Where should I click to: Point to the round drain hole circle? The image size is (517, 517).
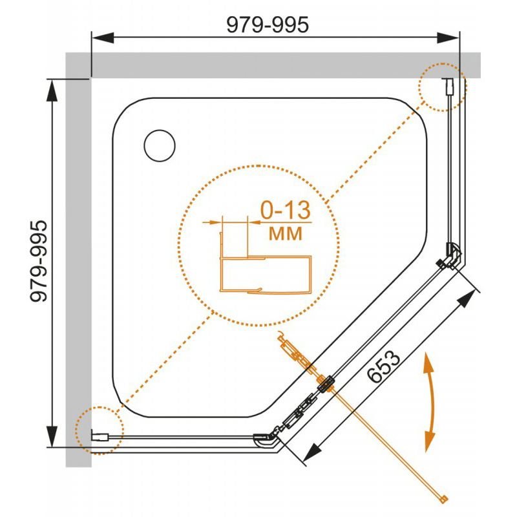pyautogui.click(x=159, y=146)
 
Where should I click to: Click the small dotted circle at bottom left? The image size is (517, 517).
pyautogui.click(x=98, y=431)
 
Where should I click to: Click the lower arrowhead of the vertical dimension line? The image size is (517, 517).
pyautogui.click(x=50, y=438)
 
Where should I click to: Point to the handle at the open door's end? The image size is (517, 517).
pyautogui.click(x=443, y=497)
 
